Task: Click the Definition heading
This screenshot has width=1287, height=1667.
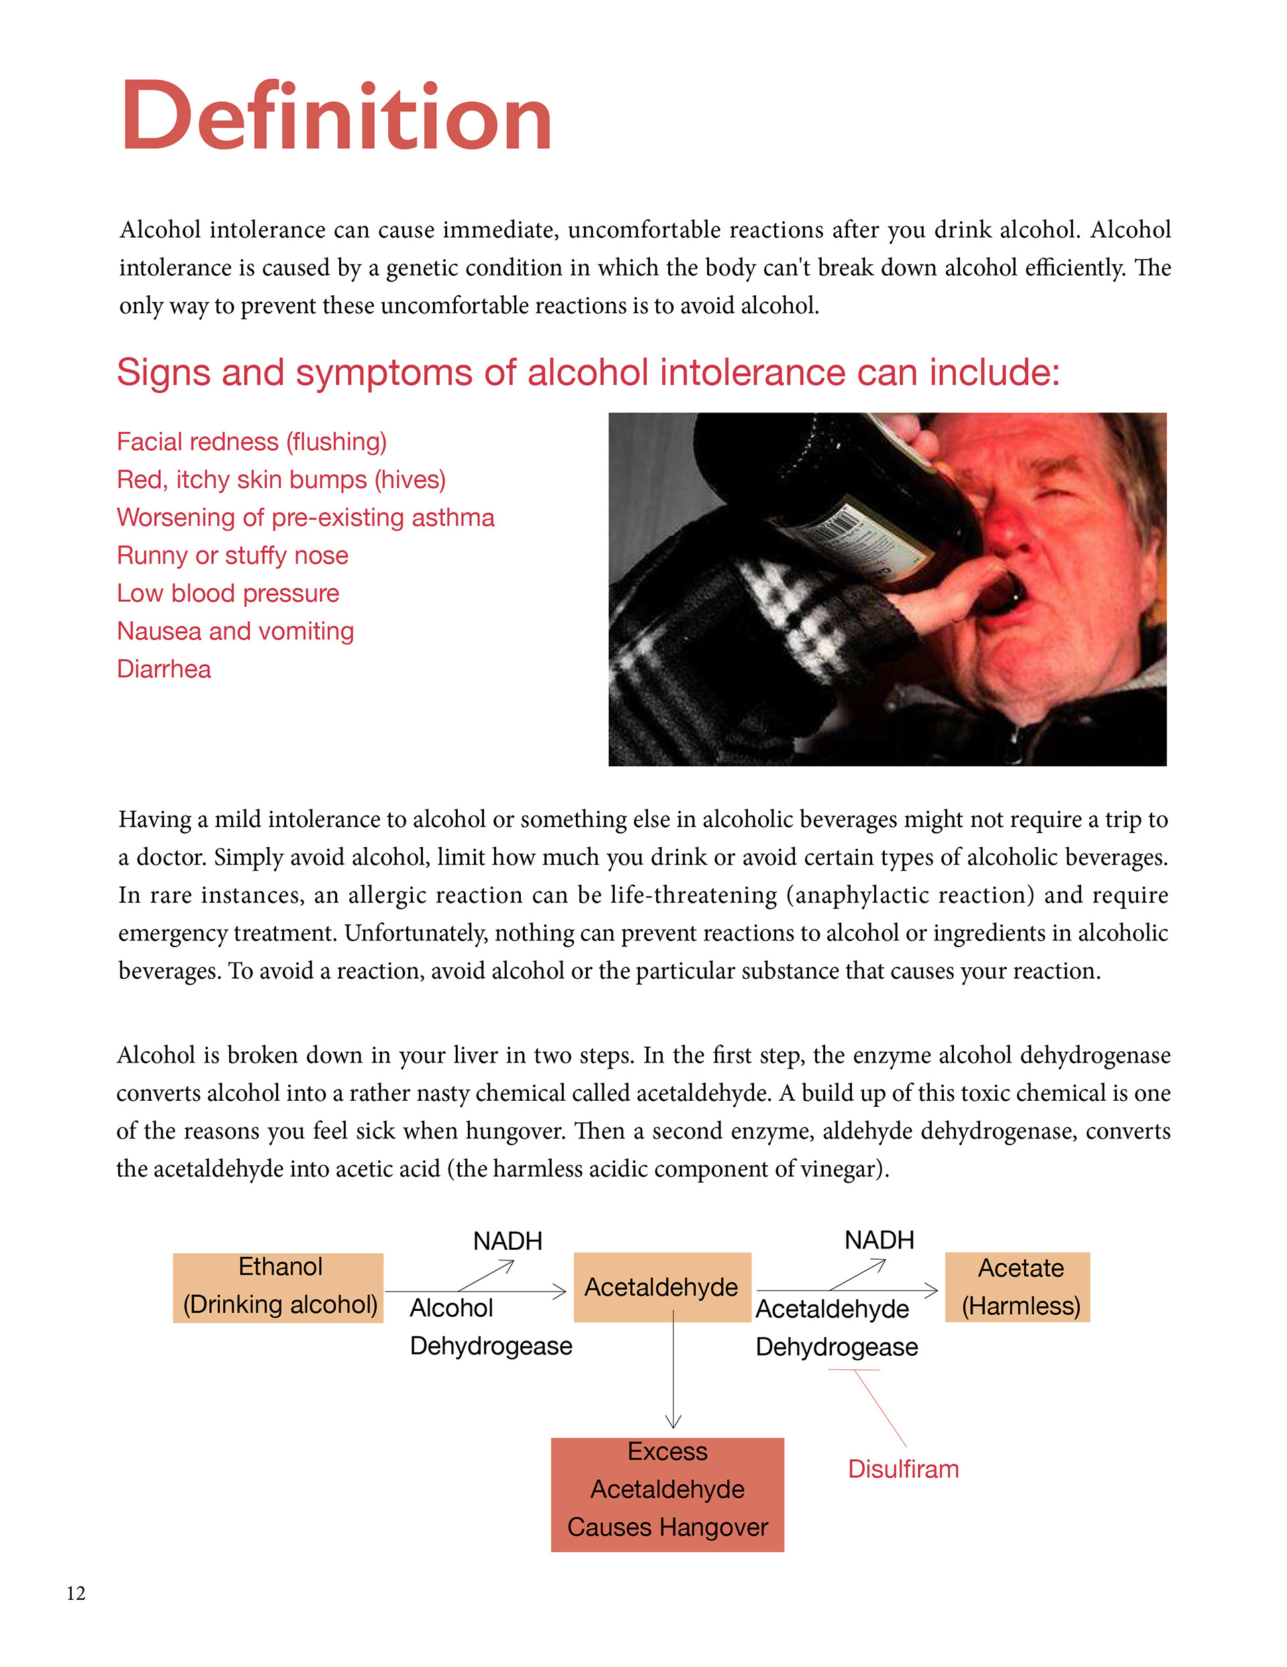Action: click(336, 117)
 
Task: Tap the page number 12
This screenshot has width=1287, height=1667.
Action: click(76, 1593)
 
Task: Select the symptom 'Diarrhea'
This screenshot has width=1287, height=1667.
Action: click(164, 669)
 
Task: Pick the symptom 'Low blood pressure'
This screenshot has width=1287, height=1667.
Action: click(228, 593)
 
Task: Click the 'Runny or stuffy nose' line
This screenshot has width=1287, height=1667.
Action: click(233, 555)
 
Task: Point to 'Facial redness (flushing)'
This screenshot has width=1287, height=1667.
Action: click(252, 441)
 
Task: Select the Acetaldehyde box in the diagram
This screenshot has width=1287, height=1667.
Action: click(662, 1287)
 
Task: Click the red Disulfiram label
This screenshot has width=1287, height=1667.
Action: click(904, 1468)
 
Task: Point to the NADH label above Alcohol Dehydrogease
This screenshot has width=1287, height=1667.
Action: click(507, 1241)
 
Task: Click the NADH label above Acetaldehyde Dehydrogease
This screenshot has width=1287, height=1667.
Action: click(879, 1240)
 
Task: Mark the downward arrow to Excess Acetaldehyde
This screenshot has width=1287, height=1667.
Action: click(674, 1374)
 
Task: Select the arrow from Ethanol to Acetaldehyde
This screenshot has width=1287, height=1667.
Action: click(477, 1291)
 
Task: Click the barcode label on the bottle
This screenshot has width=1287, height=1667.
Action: click(839, 523)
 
